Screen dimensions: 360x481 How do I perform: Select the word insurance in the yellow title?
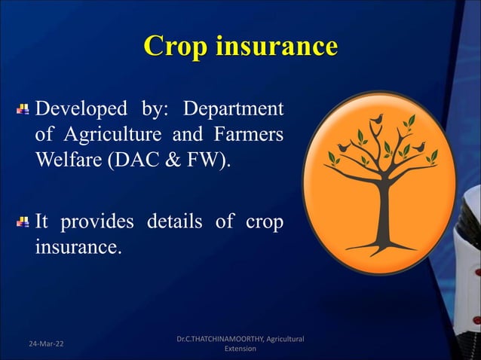[276, 46]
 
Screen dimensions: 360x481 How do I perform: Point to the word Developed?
[81, 109]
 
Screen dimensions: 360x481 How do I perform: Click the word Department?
[240, 109]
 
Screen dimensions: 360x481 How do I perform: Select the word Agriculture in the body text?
[115, 137]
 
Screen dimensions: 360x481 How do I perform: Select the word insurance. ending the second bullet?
[78, 249]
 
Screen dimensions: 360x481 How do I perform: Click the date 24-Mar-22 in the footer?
[41, 343]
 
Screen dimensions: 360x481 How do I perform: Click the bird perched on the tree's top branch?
[377, 119]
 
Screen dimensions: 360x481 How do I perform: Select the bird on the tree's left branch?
[345, 147]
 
